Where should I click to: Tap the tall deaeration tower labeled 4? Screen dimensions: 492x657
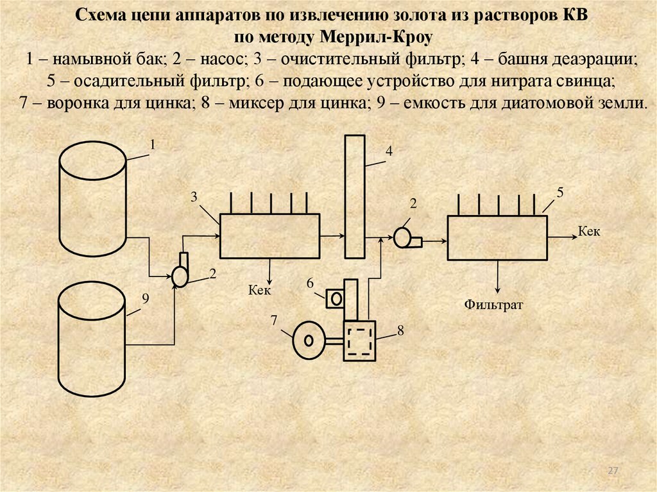pyautogui.click(x=355, y=196)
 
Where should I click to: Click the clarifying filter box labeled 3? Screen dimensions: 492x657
pyautogui.click(x=269, y=235)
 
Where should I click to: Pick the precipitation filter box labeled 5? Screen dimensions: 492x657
pyautogui.click(x=497, y=237)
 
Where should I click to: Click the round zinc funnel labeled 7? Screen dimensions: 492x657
pyautogui.click(x=309, y=339)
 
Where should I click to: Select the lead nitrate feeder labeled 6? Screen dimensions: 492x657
pyautogui.click(x=334, y=298)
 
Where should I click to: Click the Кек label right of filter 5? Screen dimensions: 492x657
pyautogui.click(x=589, y=231)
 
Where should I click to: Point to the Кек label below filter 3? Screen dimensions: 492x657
pyautogui.click(x=260, y=290)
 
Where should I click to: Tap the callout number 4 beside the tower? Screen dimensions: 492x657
pyautogui.click(x=388, y=151)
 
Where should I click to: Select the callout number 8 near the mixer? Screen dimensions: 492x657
pyautogui.click(x=400, y=330)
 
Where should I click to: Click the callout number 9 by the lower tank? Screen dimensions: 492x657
pyautogui.click(x=145, y=298)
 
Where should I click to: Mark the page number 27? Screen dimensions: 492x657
pyautogui.click(x=613, y=471)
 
